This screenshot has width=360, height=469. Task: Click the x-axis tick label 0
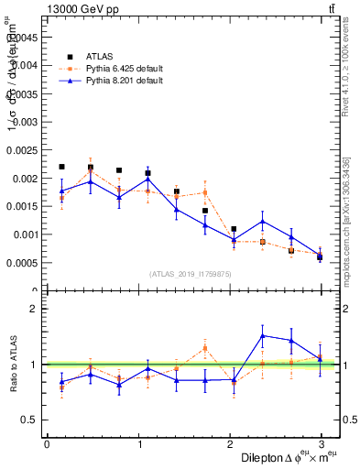(47, 444)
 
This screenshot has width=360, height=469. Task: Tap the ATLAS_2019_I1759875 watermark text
(191, 273)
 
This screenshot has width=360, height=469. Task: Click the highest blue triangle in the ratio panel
(263, 336)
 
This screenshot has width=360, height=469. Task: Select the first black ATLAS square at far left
(61, 167)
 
